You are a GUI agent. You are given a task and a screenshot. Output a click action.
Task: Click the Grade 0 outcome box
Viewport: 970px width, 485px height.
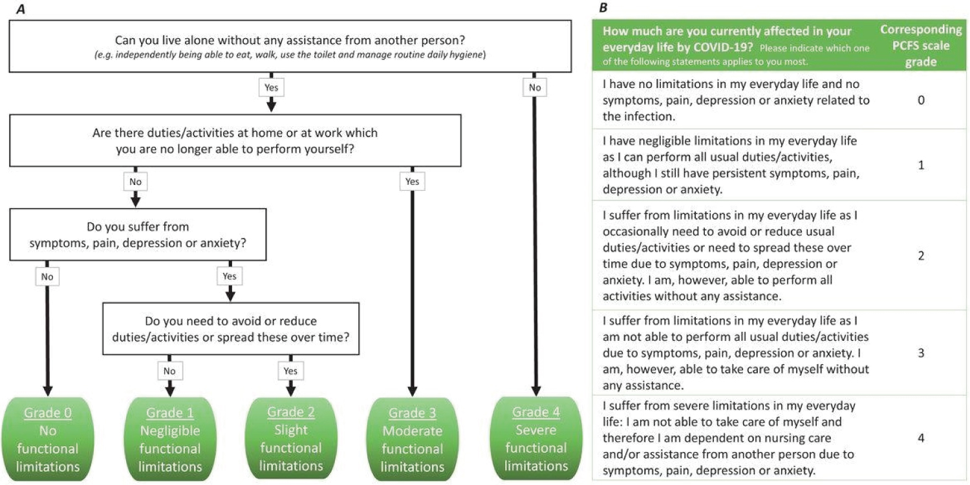pos(48,439)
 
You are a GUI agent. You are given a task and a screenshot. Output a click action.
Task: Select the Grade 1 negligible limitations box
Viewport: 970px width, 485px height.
pos(170,439)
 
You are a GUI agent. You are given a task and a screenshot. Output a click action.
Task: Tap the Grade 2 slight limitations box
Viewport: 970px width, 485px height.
pos(291,438)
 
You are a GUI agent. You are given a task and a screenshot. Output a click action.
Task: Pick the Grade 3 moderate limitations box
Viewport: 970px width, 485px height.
pos(413,439)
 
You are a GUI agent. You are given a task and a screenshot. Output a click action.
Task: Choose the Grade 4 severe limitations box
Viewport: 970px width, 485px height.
pos(536,438)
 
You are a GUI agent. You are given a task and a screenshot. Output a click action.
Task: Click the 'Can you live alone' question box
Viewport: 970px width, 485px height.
pos(290,46)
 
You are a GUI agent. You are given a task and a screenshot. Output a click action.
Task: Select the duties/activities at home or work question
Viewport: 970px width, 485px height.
pos(235,140)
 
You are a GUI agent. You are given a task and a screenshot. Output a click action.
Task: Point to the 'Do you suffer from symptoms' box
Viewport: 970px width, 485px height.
pos(138,234)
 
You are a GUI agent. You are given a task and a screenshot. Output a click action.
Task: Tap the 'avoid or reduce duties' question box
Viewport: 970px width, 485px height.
pos(231,329)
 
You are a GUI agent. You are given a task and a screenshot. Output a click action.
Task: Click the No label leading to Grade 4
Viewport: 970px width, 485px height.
pos(535,87)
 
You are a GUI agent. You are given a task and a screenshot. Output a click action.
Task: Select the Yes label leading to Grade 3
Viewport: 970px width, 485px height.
pos(413,182)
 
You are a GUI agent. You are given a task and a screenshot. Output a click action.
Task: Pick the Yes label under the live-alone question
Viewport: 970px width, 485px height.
pos(272,87)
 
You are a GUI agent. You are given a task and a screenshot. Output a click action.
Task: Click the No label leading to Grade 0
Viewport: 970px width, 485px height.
pos(47,277)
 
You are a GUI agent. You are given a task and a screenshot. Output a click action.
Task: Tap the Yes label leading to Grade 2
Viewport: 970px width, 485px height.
pos(290,371)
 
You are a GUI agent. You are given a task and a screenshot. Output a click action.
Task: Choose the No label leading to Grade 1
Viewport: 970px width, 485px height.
pos(169,371)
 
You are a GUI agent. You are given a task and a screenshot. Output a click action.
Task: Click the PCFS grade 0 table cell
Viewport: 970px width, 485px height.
pos(921,100)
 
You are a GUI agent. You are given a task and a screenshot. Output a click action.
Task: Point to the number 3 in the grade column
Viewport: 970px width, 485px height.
pos(921,353)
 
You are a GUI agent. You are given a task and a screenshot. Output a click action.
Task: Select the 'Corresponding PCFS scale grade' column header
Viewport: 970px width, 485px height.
pos(921,45)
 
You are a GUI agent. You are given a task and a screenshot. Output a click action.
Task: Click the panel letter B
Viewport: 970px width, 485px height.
pos(603,7)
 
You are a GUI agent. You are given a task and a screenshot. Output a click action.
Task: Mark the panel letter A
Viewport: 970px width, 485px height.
pos(20,8)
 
